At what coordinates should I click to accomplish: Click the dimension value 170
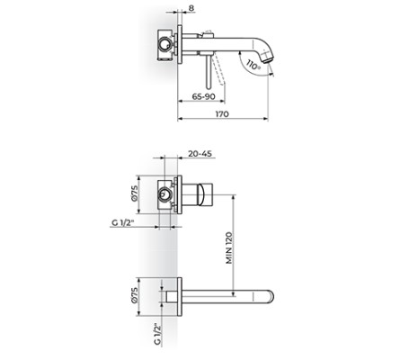click(x=223, y=114)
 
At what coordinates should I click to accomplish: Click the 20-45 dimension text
click(x=201, y=153)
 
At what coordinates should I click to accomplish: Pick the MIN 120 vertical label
click(x=229, y=245)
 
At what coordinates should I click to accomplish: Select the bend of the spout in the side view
click(x=257, y=43)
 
